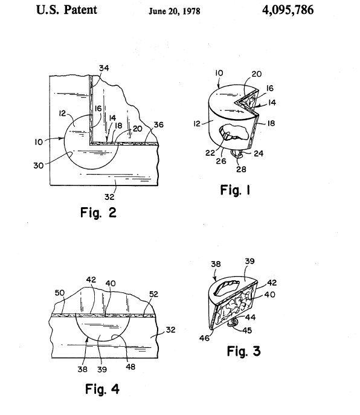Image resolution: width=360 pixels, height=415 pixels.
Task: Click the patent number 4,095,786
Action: tap(288, 10)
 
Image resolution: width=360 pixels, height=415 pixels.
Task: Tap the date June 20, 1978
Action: tap(174, 11)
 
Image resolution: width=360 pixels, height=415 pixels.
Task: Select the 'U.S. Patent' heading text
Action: tap(66, 10)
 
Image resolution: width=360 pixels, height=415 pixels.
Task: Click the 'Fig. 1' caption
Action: tap(236, 190)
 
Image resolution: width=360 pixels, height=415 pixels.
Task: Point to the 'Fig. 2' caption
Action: tap(98, 213)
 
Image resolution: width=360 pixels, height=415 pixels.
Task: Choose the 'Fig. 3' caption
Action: tap(244, 351)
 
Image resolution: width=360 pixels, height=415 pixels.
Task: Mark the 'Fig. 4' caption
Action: tap(102, 389)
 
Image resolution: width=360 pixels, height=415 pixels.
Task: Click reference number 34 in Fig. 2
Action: tap(104, 68)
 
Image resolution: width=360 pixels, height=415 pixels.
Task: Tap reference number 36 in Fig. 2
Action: tap(159, 124)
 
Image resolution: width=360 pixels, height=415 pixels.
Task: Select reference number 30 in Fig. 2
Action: tap(39, 166)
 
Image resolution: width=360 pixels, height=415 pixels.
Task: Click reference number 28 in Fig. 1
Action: tap(241, 169)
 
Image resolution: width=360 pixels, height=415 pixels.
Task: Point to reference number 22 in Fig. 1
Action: tap(210, 153)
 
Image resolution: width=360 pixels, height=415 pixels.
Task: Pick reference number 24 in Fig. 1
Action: tap(259, 153)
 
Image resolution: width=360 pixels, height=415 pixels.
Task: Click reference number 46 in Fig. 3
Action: tap(204, 338)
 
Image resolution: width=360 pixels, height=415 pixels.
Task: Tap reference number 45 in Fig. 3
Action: tap(247, 330)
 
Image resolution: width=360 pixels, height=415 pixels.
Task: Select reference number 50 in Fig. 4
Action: tap(60, 293)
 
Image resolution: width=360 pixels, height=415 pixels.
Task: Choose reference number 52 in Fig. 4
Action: tap(153, 294)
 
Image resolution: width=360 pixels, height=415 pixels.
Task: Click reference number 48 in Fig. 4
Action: tap(130, 367)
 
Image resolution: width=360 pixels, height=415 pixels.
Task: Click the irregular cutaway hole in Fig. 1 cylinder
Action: tap(234, 132)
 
